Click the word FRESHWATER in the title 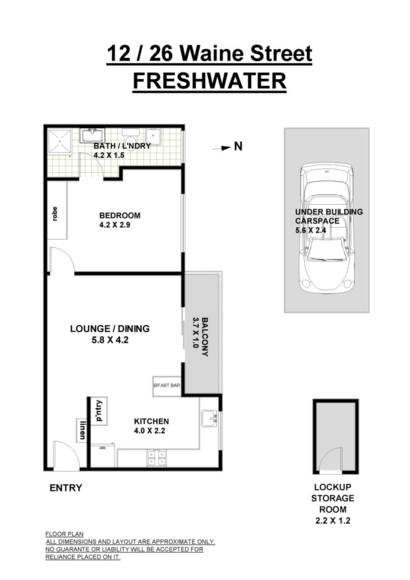tap(210, 81)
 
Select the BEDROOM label tap(120, 215)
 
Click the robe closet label tap(55, 214)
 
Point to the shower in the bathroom tap(59, 141)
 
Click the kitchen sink tap(210, 419)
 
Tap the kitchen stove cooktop tap(157, 458)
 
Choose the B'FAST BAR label tap(166, 385)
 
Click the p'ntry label tap(99, 411)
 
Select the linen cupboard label tap(82, 430)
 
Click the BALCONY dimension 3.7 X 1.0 tap(196, 332)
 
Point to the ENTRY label tap(66, 488)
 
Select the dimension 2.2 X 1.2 tap(333, 521)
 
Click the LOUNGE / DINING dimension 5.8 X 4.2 tap(110, 340)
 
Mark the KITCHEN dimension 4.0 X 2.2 tap(150, 431)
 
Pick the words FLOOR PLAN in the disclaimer tap(65, 534)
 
